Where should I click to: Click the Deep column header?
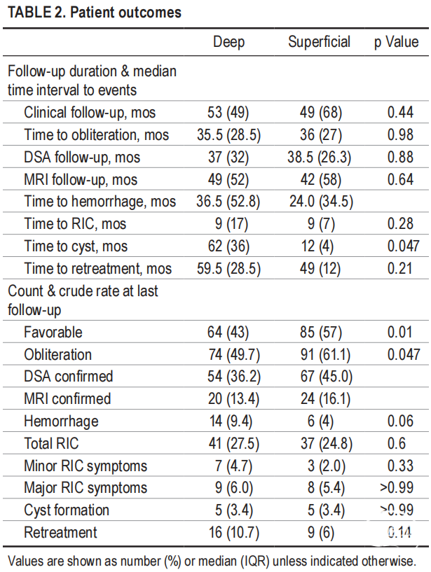pyautogui.click(x=228, y=42)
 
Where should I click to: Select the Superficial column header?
pyautogui.click(x=319, y=42)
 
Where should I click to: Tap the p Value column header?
pyautogui.click(x=396, y=42)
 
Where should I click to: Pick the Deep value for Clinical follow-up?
pyautogui.click(x=228, y=112)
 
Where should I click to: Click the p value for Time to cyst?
pyautogui.click(x=400, y=246)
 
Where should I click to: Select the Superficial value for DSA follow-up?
pyautogui.click(x=319, y=157)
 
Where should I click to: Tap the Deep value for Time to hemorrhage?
pyautogui.click(x=228, y=202)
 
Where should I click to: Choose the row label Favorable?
pyautogui.click(x=53, y=332)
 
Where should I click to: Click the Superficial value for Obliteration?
pyautogui.click(x=319, y=354)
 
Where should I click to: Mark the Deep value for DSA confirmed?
pyautogui.click(x=228, y=377)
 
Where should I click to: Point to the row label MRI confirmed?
pyautogui.click(x=67, y=399)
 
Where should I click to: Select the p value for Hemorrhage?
pyautogui.click(x=400, y=421)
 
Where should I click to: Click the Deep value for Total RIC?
pyautogui.click(x=228, y=444)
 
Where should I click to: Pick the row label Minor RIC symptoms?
pyautogui.click(x=85, y=466)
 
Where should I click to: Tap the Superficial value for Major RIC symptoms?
pyautogui.click(x=319, y=488)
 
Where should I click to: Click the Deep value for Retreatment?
pyautogui.click(x=228, y=533)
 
